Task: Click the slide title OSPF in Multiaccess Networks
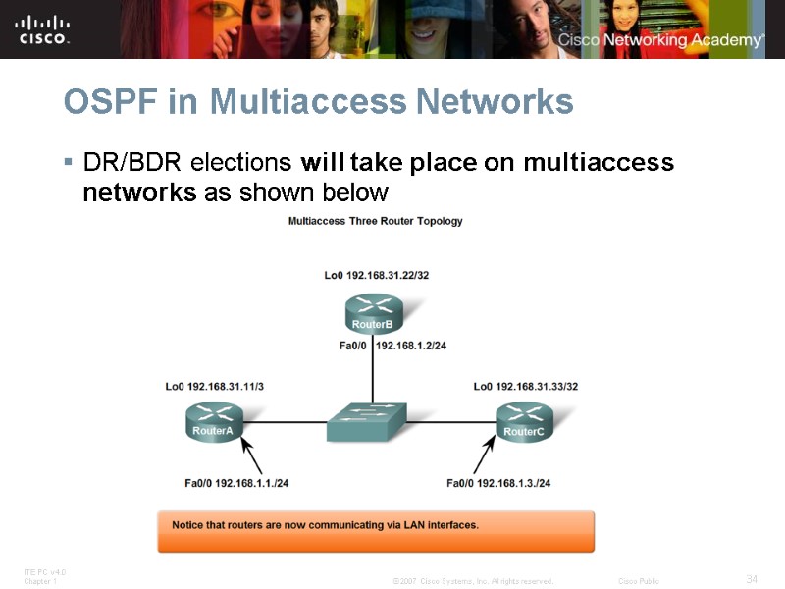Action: tap(318, 101)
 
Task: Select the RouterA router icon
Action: tap(213, 422)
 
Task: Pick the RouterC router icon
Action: tap(524, 422)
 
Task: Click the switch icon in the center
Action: tap(369, 421)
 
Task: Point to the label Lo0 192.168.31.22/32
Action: tap(376, 276)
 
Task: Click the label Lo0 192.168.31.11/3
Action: tap(214, 387)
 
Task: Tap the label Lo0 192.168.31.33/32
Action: tap(525, 387)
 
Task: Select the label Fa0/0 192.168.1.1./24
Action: tap(236, 483)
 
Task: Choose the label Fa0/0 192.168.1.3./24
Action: tap(497, 483)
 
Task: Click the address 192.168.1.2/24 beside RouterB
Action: tap(411, 346)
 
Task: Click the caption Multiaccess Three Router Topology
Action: tap(375, 221)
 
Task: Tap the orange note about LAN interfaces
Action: tap(376, 530)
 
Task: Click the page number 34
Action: tap(752, 579)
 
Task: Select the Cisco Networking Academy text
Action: tap(660, 40)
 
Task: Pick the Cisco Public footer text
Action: tap(639, 581)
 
